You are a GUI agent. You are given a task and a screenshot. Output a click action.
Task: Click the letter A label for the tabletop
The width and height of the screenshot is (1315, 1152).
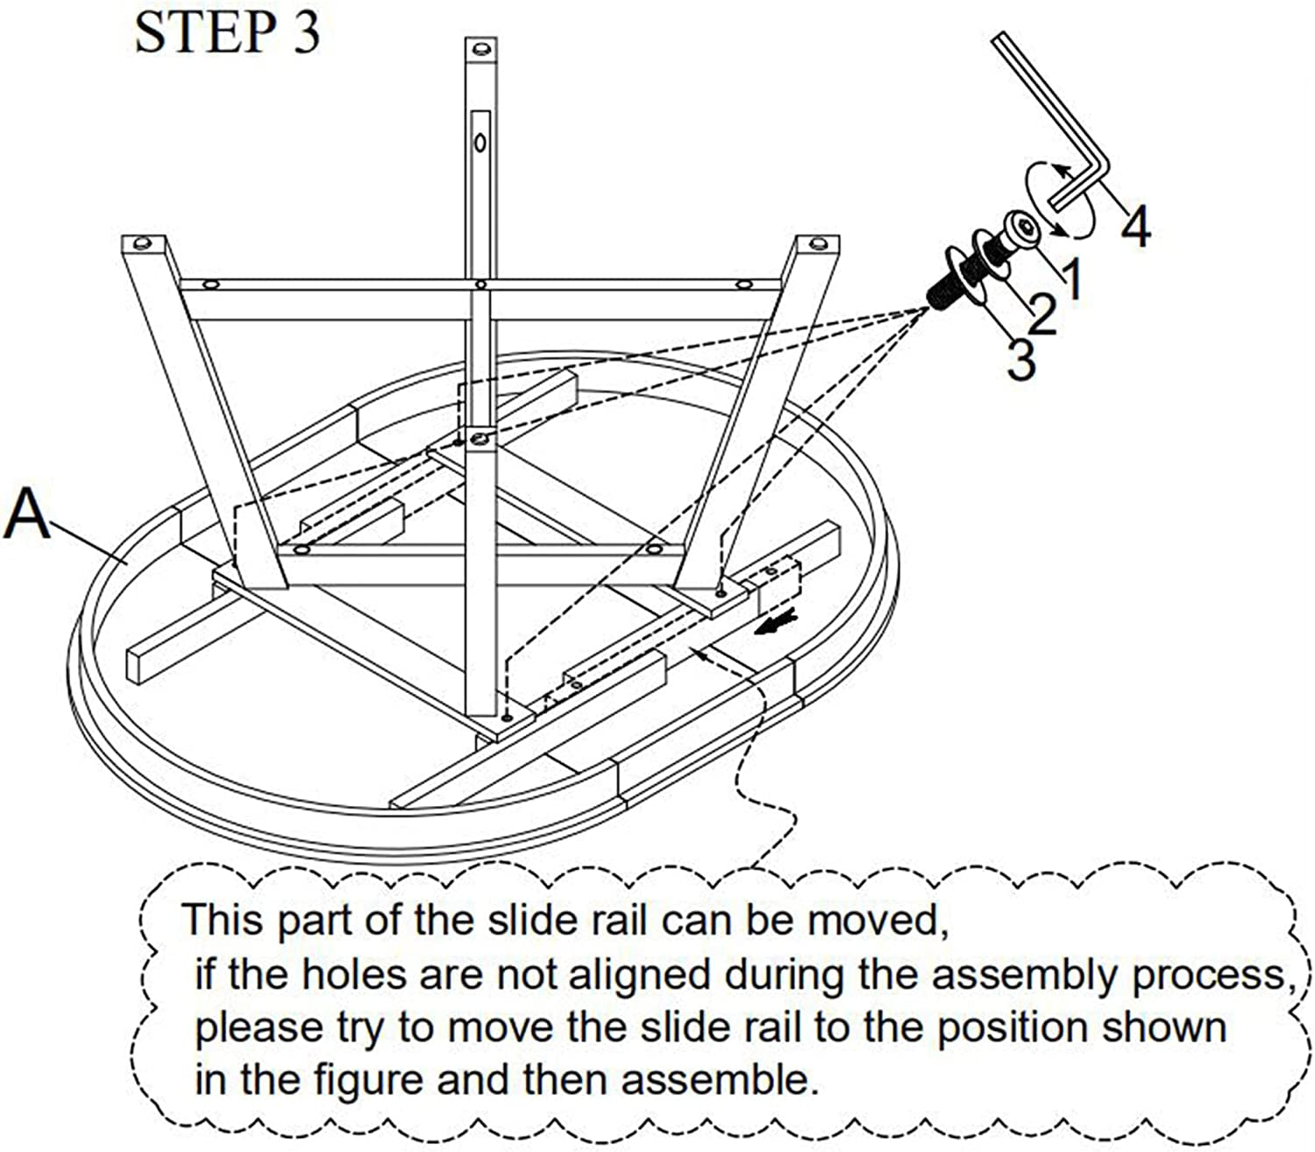(27, 515)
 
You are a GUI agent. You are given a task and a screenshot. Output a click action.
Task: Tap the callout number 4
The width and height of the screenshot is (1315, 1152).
(1135, 227)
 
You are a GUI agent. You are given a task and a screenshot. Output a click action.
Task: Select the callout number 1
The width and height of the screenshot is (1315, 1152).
(1071, 277)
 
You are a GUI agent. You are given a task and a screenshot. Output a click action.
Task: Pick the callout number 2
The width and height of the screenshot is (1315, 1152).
(1041, 315)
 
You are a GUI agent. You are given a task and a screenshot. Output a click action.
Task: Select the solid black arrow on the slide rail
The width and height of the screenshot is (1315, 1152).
(779, 624)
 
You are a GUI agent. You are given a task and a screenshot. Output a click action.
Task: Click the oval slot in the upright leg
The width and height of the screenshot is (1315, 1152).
(480, 140)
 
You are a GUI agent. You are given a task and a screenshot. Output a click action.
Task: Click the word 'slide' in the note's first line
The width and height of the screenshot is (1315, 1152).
(524, 921)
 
